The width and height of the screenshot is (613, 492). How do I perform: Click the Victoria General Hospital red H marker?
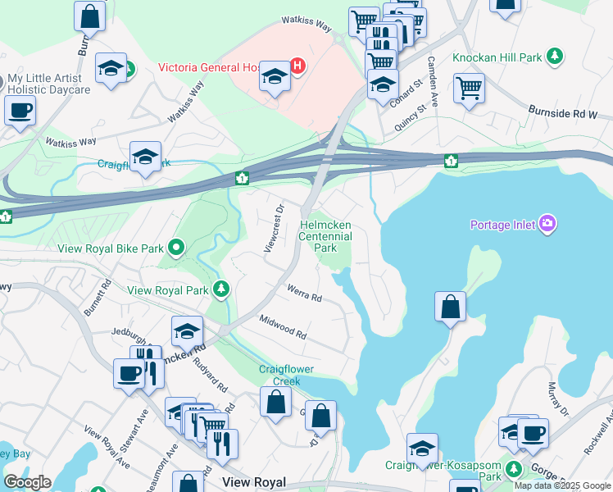coord(298,66)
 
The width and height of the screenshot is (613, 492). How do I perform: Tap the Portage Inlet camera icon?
coord(547,224)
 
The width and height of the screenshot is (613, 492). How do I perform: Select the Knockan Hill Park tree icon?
coord(556,57)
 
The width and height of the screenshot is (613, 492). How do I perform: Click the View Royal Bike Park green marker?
coord(175,247)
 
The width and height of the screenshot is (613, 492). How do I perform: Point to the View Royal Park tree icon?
coord(220,289)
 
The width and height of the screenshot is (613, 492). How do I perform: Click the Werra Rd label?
coord(304,292)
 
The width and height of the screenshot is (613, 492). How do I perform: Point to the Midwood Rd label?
coord(283,327)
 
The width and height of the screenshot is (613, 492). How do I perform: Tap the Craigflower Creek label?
coord(287,375)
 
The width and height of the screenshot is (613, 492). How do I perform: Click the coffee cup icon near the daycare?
coord(20,109)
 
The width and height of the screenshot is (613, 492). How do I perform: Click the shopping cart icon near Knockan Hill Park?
coord(468,87)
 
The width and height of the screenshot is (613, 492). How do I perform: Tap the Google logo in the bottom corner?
coord(26,482)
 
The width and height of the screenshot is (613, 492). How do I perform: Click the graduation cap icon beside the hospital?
coord(275,78)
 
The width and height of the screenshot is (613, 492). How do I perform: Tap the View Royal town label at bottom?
coord(253,483)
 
